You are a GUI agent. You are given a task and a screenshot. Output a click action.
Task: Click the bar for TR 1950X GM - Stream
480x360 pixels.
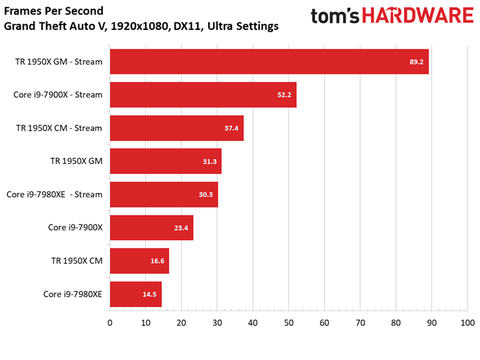[269, 62]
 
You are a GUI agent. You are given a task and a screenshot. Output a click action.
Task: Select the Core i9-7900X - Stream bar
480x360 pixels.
[203, 95]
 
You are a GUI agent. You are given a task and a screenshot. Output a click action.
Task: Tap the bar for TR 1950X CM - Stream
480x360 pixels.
[177, 128]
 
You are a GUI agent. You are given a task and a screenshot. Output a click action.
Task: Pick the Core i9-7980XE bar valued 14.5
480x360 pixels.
[136, 294]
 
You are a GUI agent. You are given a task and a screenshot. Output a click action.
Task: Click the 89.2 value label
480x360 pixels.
[416, 62]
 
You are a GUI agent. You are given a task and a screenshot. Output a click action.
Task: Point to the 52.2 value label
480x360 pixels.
[284, 95]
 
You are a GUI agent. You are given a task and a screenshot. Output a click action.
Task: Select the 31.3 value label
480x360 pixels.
[209, 161]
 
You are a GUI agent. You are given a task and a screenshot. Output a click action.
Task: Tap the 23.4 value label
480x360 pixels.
[181, 228]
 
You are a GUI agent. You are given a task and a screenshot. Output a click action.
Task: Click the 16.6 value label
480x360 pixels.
[157, 261]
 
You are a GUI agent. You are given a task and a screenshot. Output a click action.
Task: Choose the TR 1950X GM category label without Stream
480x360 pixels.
[76, 161]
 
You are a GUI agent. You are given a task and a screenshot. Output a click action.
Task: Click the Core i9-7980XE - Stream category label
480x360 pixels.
[54, 195]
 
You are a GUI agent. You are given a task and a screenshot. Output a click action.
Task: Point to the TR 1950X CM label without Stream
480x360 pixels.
[77, 261]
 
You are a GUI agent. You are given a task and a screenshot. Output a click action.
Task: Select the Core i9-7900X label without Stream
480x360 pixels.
[75, 227]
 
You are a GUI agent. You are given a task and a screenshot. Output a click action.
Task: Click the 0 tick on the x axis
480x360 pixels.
[110, 323]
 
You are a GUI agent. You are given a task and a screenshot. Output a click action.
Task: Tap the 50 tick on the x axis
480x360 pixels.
[289, 323]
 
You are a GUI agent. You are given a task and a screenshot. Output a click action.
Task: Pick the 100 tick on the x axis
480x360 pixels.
[467, 323]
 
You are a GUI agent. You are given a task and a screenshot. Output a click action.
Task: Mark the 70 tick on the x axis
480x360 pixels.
[360, 323]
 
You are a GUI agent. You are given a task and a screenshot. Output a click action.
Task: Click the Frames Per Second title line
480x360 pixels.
[54, 11]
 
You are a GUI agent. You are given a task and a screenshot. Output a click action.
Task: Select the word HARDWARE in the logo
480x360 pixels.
[418, 16]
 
